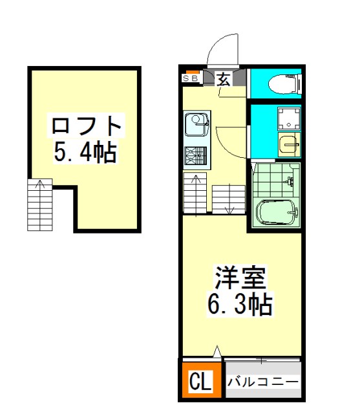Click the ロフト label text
[86, 125]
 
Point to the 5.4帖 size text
[85, 153]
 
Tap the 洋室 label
[240, 278]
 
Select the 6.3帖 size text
[240, 304]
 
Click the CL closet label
[201, 381]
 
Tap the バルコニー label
[263, 382]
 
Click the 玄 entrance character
[224, 79]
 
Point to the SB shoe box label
[190, 78]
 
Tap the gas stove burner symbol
[196, 155]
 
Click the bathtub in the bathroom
[277, 213]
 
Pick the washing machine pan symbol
[289, 118]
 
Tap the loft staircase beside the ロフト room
[40, 205]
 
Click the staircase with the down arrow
[229, 199]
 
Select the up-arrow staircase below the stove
[195, 193]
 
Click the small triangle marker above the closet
[217, 351]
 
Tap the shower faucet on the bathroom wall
[290, 181]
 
